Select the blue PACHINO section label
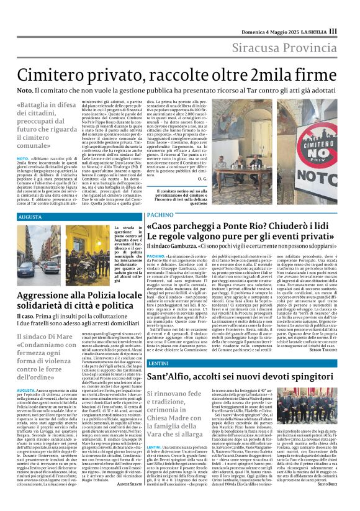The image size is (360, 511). [x=161, y=214]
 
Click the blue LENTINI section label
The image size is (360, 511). [x=159, y=345]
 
